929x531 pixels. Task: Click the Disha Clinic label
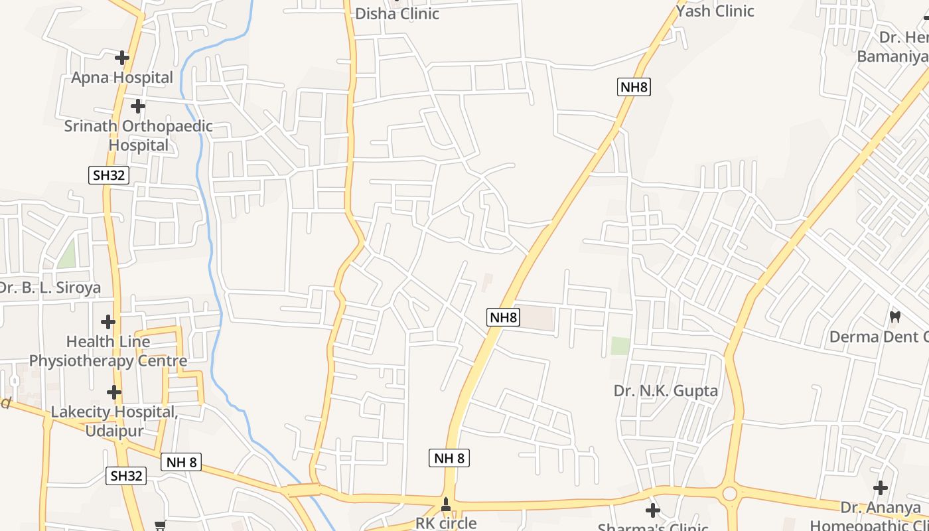[x=397, y=13]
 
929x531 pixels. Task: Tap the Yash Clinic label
[x=715, y=11]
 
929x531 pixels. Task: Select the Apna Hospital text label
[x=122, y=78]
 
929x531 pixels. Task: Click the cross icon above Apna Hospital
[x=121, y=58]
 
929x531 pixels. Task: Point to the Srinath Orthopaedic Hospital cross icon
[x=137, y=106]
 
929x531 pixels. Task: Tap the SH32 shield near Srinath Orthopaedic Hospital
[x=109, y=175]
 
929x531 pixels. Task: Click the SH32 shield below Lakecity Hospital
[x=126, y=476]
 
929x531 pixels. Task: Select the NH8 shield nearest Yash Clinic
[x=634, y=87]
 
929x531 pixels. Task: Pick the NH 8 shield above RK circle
[x=449, y=457]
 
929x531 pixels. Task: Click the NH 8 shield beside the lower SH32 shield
[x=181, y=462]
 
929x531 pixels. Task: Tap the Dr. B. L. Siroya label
[x=49, y=287]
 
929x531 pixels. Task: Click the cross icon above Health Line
[x=108, y=323]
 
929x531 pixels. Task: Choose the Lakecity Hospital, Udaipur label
[x=114, y=421]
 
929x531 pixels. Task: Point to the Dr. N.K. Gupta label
[x=666, y=391]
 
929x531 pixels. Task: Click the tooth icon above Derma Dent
[x=894, y=317]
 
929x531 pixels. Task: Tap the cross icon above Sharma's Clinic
[x=653, y=510]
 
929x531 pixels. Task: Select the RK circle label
[x=446, y=522]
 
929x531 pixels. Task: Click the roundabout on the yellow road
[x=730, y=494]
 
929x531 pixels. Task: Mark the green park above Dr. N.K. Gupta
[x=620, y=346]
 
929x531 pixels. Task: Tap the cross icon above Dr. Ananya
[x=881, y=489]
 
